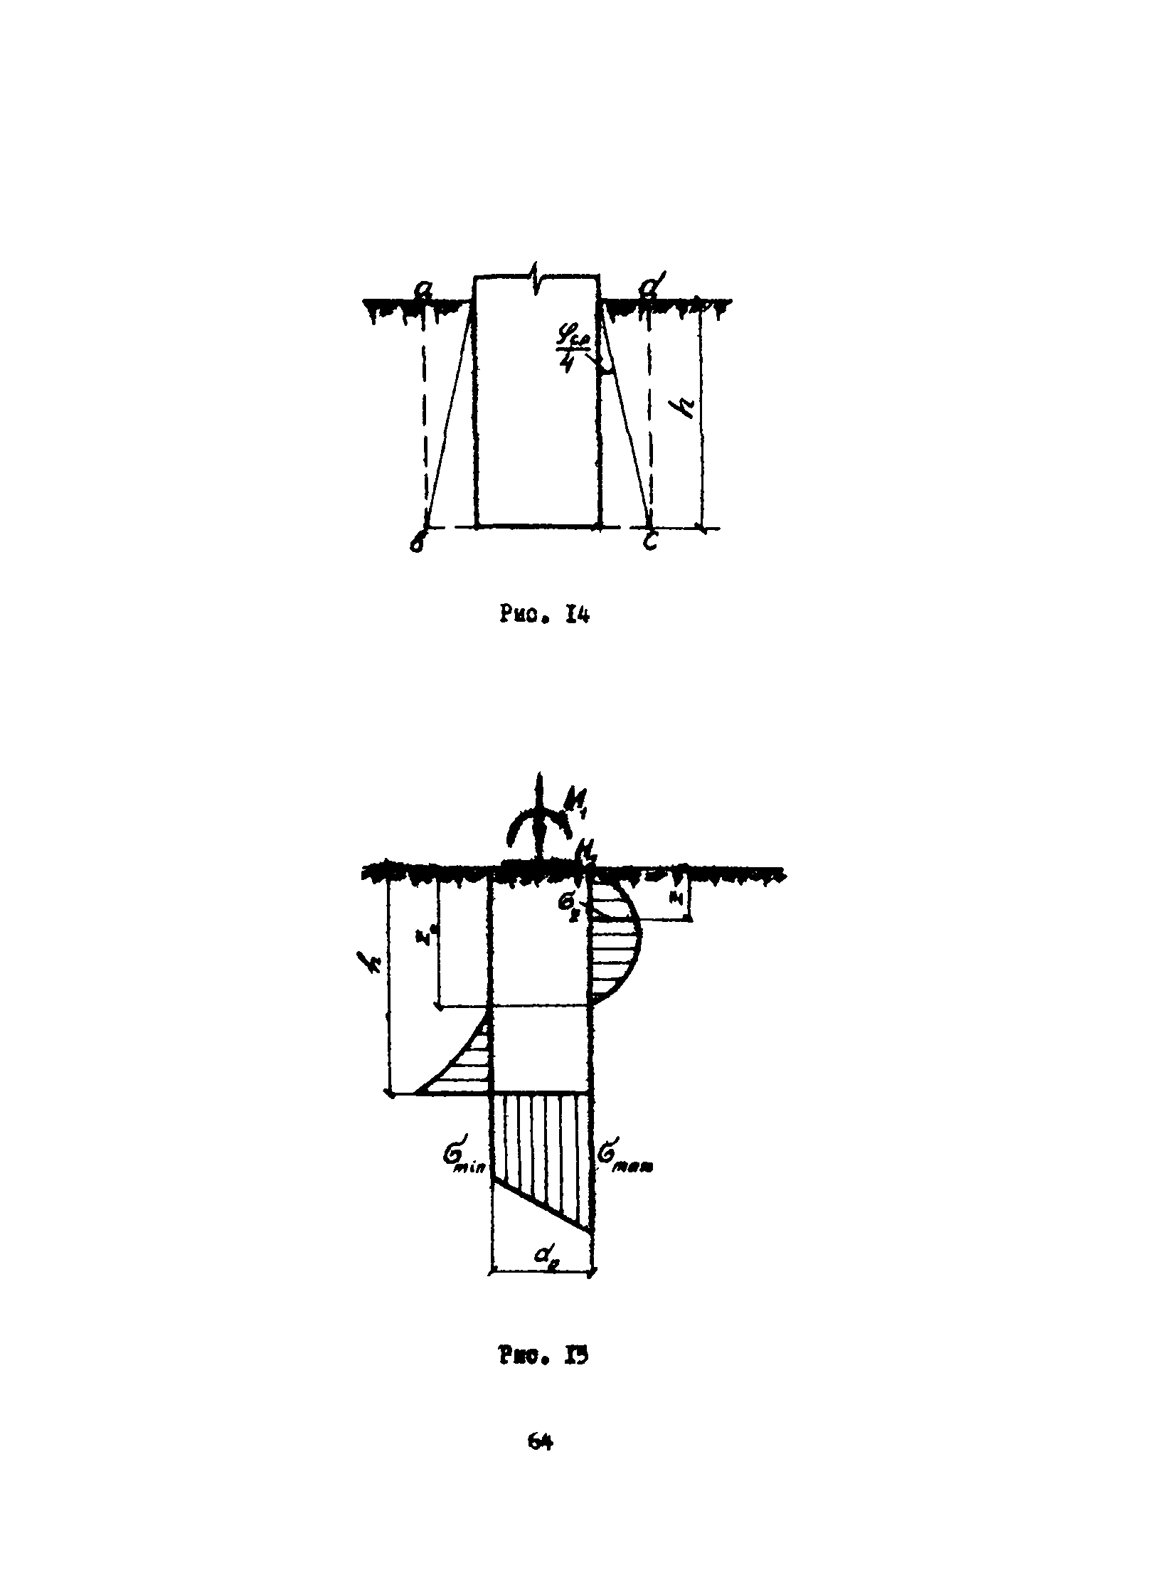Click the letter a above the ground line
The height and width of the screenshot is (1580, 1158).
[425, 288]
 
